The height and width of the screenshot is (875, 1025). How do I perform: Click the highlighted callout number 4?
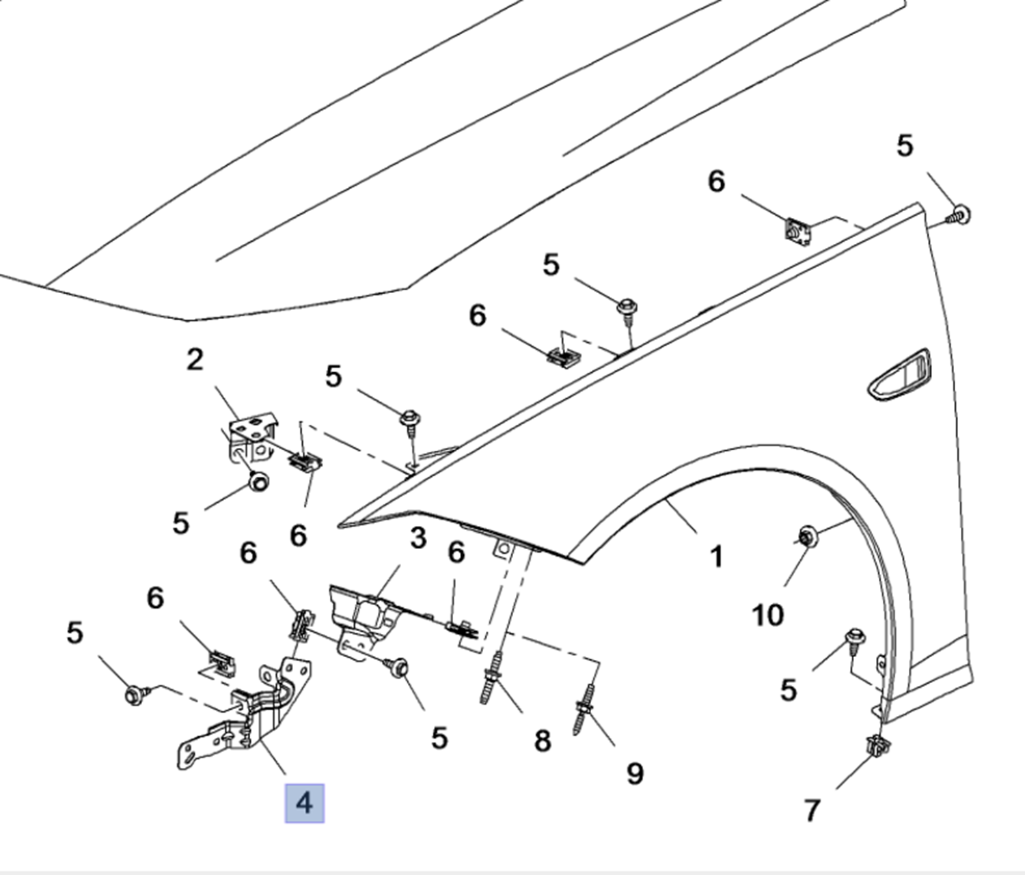tap(304, 803)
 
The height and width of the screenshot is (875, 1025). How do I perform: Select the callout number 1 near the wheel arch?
tap(715, 557)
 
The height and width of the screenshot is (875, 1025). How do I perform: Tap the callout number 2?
tap(195, 359)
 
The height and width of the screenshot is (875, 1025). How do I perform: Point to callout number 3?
tap(418, 538)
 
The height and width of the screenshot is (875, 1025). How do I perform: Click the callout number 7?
tap(811, 811)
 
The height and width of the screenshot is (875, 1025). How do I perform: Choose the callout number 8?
tap(542, 740)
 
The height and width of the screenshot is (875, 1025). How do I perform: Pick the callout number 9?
tap(635, 773)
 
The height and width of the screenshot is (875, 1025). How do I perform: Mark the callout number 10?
tap(767, 615)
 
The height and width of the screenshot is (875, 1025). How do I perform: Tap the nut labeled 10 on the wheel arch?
tap(806, 537)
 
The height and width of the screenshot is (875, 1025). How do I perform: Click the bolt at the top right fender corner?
tap(960, 214)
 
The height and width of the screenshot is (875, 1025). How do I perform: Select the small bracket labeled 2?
tap(251, 437)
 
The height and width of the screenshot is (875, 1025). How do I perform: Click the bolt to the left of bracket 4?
tap(134, 695)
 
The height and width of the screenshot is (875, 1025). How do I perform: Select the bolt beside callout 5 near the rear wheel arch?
tap(856, 639)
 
